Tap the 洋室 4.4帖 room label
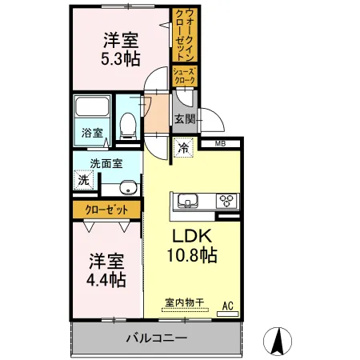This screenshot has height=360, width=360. pyautogui.click(x=106, y=270)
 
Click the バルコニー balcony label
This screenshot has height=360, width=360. pyautogui.click(x=156, y=338)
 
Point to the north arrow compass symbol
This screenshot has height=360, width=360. pyautogui.click(x=278, y=342)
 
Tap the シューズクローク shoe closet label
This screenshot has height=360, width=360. pyautogui.click(x=184, y=76)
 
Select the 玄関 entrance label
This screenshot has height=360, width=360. pyautogui.click(x=185, y=119)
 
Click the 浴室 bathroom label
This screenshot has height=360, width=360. pyautogui.click(x=91, y=134)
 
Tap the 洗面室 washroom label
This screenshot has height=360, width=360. pyautogui.click(x=106, y=163)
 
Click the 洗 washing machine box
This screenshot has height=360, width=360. pyautogui.click(x=84, y=181)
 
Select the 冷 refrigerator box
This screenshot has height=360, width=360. pyautogui.click(x=183, y=148)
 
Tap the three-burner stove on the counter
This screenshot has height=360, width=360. pyautogui.click(x=226, y=201)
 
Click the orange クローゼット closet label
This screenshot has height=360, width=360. pyautogui.click(x=106, y=210)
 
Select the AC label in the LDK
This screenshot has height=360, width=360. pyautogui.click(x=227, y=304)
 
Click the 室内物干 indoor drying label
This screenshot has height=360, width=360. pyautogui.click(x=184, y=303)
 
